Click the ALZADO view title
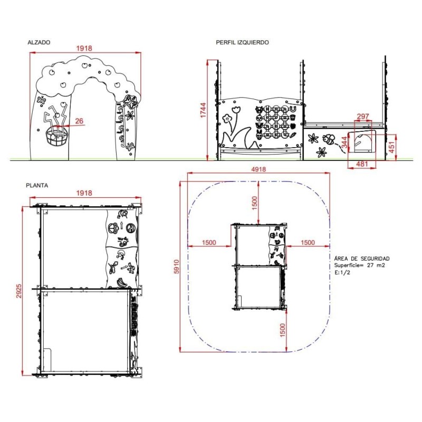click(39, 42)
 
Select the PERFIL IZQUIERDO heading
click(242, 42)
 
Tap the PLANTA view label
click(38, 186)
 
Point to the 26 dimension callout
click(79, 121)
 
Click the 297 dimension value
click(363, 116)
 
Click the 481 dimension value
click(362, 164)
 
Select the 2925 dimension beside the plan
click(19, 291)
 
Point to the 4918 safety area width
click(258, 169)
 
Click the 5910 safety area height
click(177, 267)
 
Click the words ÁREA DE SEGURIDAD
click(362, 258)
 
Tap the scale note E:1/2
click(342, 272)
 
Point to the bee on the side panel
click(330, 140)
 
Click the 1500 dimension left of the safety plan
click(209, 242)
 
